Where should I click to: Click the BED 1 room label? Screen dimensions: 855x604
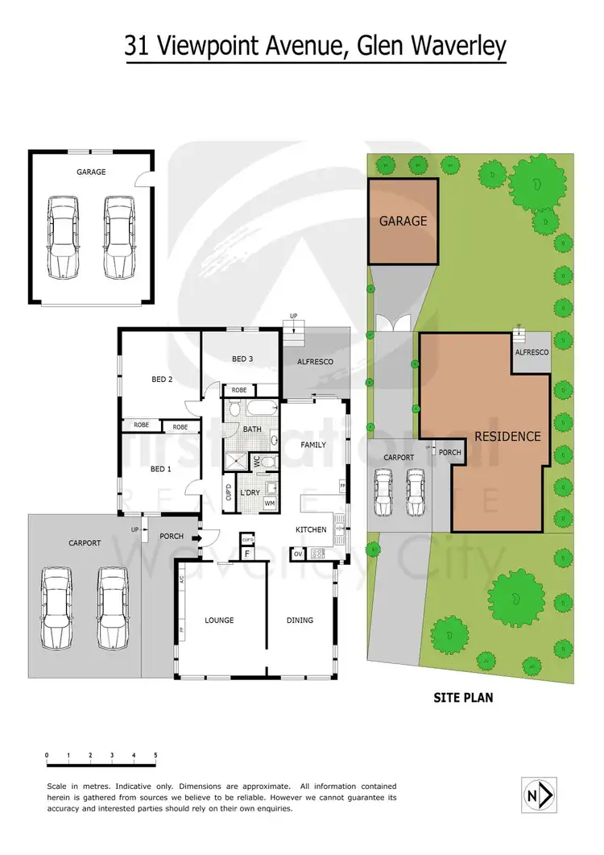[162, 468]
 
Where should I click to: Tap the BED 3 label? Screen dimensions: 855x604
[242, 359]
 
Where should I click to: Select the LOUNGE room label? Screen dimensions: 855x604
[219, 620]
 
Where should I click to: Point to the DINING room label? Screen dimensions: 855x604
[300, 620]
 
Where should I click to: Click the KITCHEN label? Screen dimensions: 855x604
[310, 529]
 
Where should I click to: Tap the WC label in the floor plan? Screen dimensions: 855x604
[257, 463]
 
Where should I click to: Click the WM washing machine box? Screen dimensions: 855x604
[270, 503]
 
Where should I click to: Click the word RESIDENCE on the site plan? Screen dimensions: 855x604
[507, 436]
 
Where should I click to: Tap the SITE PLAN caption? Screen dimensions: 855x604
[463, 698]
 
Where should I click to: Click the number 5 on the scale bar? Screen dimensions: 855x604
[155, 755]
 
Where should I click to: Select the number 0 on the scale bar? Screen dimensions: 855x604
[48, 755]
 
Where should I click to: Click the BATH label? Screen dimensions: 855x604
[252, 430]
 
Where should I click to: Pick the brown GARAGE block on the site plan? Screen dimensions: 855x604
[403, 221]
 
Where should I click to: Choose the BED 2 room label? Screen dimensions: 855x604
[162, 379]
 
